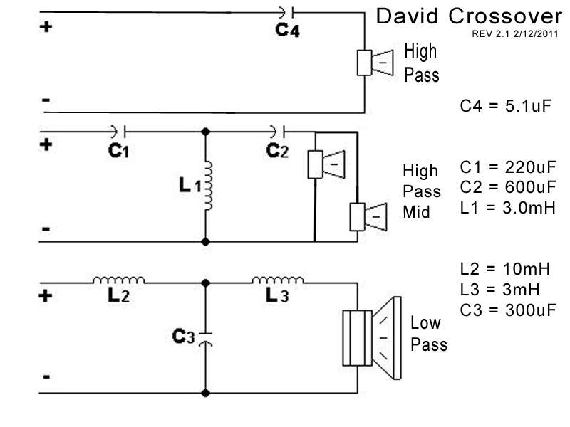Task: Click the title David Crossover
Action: (468, 16)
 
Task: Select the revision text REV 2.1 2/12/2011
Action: (514, 33)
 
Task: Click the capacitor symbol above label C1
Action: (118, 131)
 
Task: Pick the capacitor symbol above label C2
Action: (278, 131)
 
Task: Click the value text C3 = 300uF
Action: (507, 310)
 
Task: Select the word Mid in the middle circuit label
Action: (416, 211)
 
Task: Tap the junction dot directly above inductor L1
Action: (207, 132)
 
